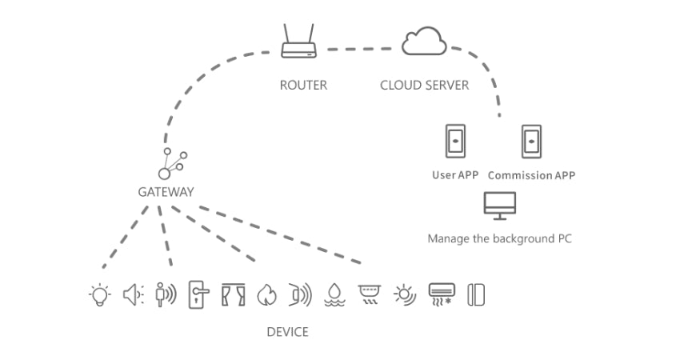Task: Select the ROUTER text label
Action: (303, 85)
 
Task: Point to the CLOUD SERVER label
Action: (424, 85)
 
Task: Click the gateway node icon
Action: (172, 163)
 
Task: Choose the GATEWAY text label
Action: (166, 192)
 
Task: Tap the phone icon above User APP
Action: (455, 142)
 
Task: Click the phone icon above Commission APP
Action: (531, 142)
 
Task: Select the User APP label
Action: (455, 175)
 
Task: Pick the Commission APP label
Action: (531, 175)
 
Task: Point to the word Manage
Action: (446, 238)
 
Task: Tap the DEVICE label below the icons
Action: (287, 331)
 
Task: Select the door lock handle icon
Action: (196, 294)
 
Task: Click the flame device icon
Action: (266, 295)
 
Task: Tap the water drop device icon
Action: (334, 295)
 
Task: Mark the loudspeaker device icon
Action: (133, 294)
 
